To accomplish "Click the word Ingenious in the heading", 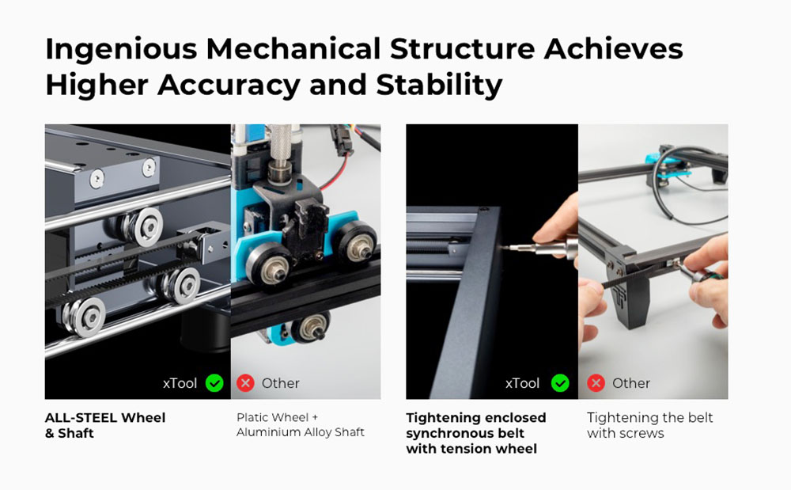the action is (x=121, y=49).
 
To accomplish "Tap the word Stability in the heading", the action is (x=439, y=84).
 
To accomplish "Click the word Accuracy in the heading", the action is (x=229, y=84).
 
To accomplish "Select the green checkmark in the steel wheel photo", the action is (x=214, y=383).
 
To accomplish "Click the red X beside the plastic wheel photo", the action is (x=246, y=383).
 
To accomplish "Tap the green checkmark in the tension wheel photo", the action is (x=560, y=383).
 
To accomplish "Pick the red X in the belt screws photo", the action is (x=596, y=383).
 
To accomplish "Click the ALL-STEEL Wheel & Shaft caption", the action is (x=105, y=425).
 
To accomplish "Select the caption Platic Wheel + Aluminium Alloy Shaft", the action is (x=300, y=424).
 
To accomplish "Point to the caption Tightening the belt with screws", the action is (x=649, y=425).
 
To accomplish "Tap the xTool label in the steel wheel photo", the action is (x=180, y=383).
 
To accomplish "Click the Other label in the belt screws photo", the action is (x=631, y=383).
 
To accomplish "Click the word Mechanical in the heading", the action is (x=293, y=49).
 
